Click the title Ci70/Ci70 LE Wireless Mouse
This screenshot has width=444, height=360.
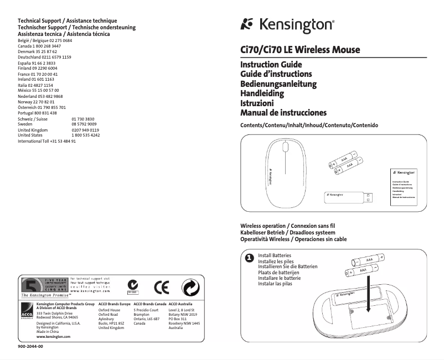(x=300, y=50)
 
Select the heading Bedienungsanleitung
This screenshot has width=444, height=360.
(x=278, y=84)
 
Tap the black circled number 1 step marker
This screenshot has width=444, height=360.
(x=249, y=258)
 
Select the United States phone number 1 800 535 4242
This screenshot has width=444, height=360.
(x=86, y=135)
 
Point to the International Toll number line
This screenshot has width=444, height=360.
(x=47, y=141)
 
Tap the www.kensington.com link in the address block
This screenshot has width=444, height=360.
(x=53, y=336)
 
